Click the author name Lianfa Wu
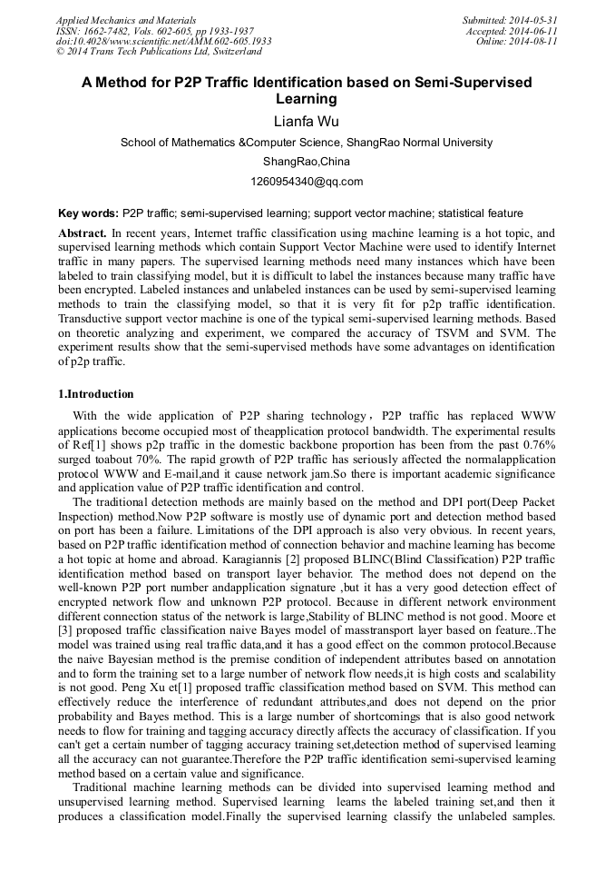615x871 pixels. [x=307, y=120]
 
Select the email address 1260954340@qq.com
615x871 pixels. [x=307, y=181]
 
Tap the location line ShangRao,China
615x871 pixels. [x=307, y=162]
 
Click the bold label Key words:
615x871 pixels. [x=88, y=213]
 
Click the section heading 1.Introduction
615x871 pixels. [x=95, y=394]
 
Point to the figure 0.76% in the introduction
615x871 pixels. [x=542, y=444]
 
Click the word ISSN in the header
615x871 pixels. [x=69, y=31]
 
